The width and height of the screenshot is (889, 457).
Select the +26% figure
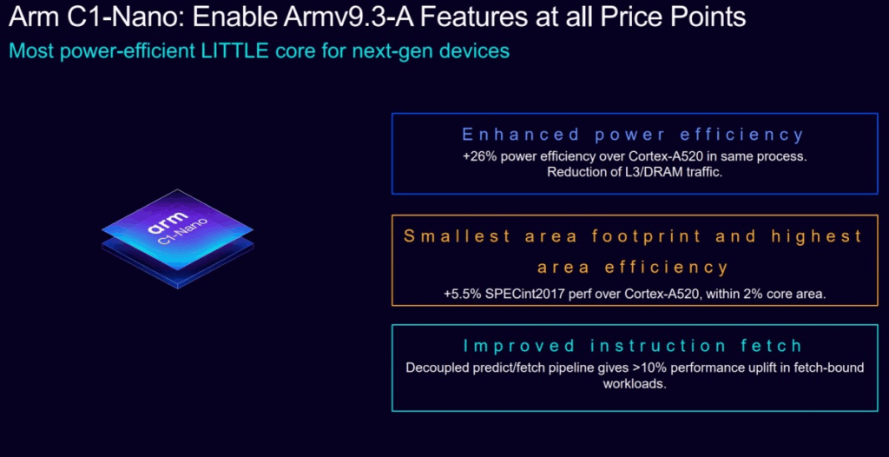click(478, 156)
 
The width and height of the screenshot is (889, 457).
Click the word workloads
click(635, 382)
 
